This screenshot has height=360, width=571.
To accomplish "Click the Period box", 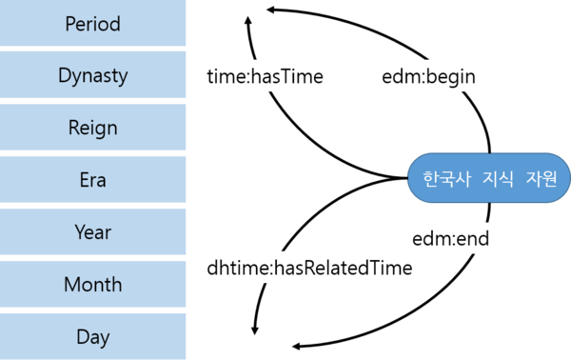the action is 93,24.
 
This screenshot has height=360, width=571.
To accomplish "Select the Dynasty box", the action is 93,76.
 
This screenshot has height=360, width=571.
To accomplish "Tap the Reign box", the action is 93,128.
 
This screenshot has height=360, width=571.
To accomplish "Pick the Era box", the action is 93,180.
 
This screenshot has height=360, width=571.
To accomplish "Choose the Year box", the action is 93,232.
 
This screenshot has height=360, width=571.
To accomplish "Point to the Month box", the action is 93,285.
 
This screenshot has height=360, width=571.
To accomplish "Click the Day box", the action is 93,336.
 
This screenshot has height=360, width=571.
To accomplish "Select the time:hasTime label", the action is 266,76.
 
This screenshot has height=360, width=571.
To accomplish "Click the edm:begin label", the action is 427,76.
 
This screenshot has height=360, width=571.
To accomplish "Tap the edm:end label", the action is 451,238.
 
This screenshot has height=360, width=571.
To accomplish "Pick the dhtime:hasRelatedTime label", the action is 310,268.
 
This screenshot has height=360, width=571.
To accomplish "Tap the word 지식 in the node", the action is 493,179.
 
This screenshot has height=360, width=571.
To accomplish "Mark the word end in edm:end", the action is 473,238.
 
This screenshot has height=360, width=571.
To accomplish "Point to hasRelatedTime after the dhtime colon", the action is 343,268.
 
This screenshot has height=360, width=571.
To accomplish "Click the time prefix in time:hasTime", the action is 227,76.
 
